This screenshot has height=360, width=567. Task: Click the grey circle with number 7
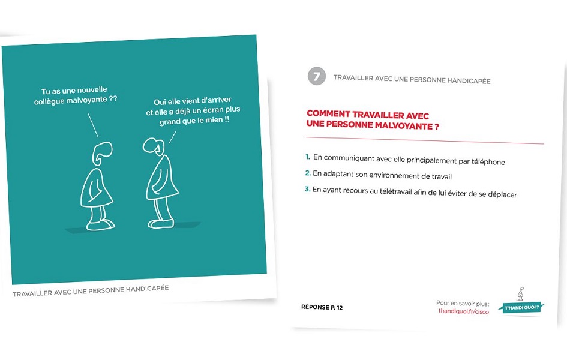(316, 77)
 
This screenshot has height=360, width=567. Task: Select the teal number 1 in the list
(307, 157)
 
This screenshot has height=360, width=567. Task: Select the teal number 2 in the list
(307, 174)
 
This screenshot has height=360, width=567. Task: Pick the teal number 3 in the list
(307, 190)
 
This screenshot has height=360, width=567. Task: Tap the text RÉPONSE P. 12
(322, 307)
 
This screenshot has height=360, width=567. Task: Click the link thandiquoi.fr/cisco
(464, 312)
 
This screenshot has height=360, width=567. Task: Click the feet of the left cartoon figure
(100, 224)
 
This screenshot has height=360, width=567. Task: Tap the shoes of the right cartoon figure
(161, 223)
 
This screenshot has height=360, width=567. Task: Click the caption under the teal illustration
(91, 292)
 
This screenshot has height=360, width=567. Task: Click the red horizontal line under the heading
(425, 142)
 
